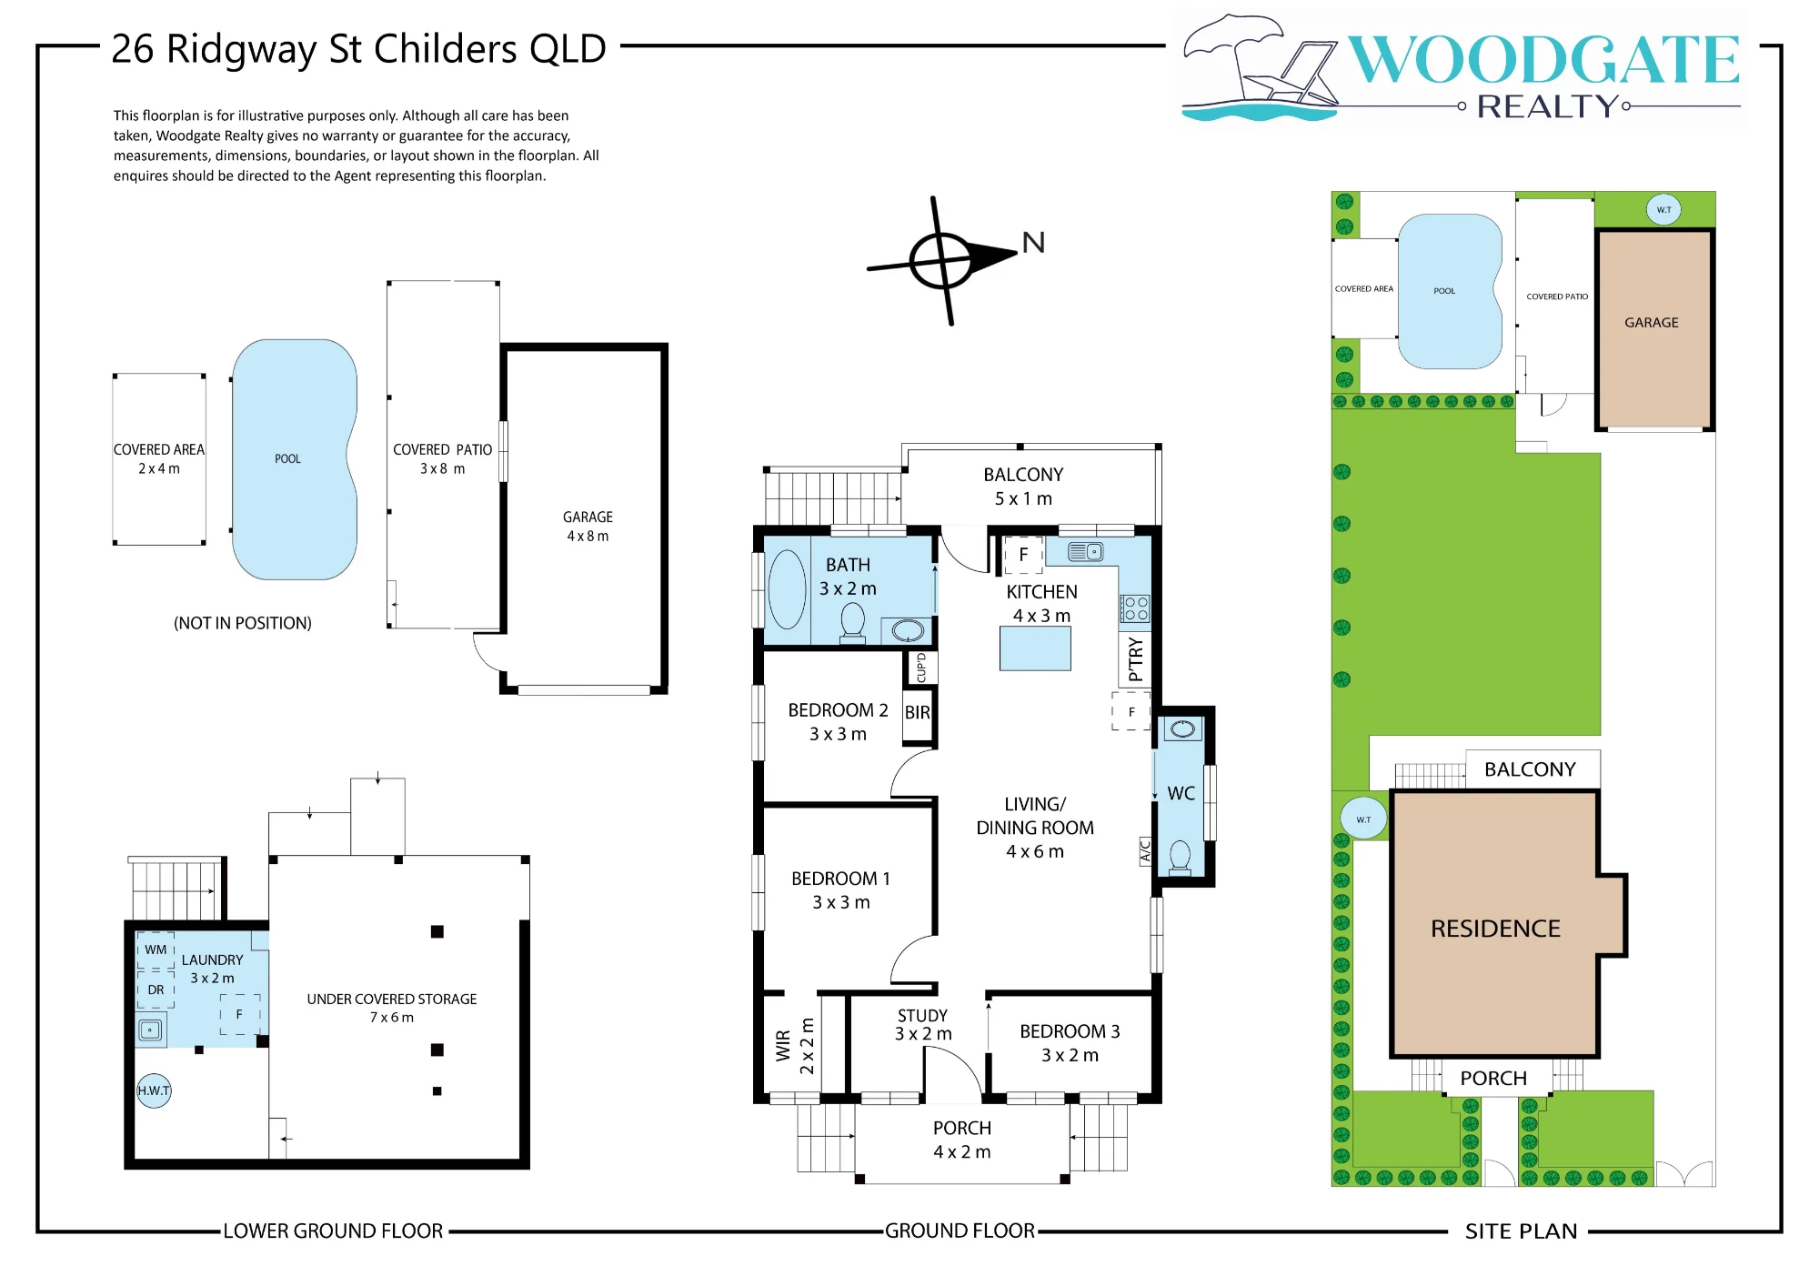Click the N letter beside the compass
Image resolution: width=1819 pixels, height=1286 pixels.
pyautogui.click(x=1033, y=243)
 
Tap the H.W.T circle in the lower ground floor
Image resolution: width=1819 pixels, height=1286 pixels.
pyautogui.click(x=154, y=1090)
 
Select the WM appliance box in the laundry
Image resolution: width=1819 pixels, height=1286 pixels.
pyautogui.click(x=156, y=950)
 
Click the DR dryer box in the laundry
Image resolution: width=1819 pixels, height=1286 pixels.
pyautogui.click(x=156, y=990)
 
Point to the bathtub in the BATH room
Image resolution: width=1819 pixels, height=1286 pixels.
pyautogui.click(x=787, y=589)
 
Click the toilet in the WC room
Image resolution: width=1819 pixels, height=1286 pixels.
pyautogui.click(x=1180, y=857)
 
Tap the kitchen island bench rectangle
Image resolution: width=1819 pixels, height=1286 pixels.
pyautogui.click(x=1035, y=648)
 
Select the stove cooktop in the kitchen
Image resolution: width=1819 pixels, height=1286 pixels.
pyautogui.click(x=1135, y=608)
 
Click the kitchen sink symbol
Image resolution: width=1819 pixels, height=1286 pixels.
pyautogui.click(x=1085, y=551)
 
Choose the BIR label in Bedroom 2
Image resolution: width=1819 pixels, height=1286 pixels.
pyautogui.click(x=917, y=713)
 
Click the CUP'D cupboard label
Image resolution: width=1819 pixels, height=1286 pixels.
pyautogui.click(x=921, y=668)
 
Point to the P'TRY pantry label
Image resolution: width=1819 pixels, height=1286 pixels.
pyautogui.click(x=1135, y=659)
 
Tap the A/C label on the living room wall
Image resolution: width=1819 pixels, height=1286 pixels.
pyautogui.click(x=1145, y=851)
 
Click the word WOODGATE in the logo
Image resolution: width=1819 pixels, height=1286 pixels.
pyautogui.click(x=1543, y=60)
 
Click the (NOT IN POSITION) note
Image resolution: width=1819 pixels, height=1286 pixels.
pyautogui.click(x=243, y=623)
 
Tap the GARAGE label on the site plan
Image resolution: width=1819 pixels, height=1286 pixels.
pyautogui.click(x=1652, y=323)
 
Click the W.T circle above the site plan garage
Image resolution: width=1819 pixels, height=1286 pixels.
pyautogui.click(x=1663, y=210)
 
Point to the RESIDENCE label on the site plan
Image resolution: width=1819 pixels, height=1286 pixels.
pyautogui.click(x=1495, y=929)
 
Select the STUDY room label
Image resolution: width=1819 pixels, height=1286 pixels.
pyautogui.click(x=922, y=1016)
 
